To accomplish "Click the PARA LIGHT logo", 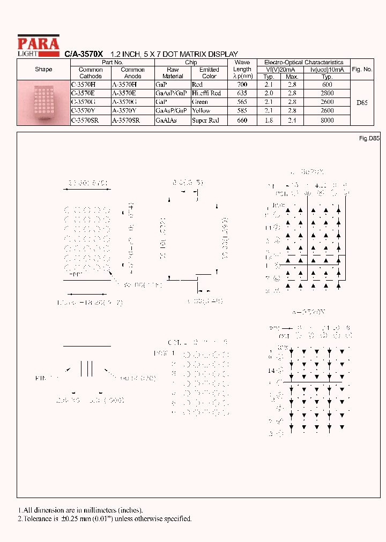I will tap(38, 45).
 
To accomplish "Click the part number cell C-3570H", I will tap(83, 85).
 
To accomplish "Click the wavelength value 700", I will tap(242, 85).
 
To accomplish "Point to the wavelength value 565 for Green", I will tap(242, 102).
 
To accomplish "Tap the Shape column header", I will tap(43, 70).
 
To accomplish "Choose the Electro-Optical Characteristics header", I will tap(303, 63).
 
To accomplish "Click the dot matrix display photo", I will tap(43, 102).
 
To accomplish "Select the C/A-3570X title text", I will tap(84, 54).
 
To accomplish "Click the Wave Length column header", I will tap(242, 69).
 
